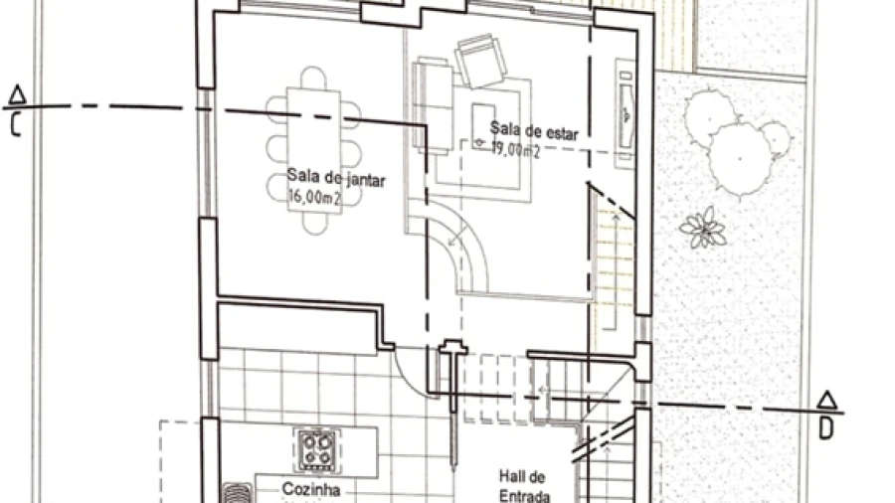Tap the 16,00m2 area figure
(x=315, y=197)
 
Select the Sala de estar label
(x=534, y=130)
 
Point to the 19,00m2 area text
(x=515, y=150)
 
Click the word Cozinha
(x=311, y=489)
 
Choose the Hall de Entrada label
(x=524, y=486)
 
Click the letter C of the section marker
(x=15, y=125)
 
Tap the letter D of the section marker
(x=826, y=428)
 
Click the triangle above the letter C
(x=18, y=94)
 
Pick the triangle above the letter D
(x=827, y=401)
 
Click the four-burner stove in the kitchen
(x=317, y=449)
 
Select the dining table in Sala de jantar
(x=314, y=150)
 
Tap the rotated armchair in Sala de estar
(x=480, y=60)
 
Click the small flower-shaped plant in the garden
(x=703, y=228)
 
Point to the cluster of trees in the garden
(x=736, y=141)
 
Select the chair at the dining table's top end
(x=313, y=78)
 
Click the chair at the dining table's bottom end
(x=314, y=224)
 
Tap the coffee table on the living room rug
(x=483, y=126)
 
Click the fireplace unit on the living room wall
(x=626, y=114)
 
